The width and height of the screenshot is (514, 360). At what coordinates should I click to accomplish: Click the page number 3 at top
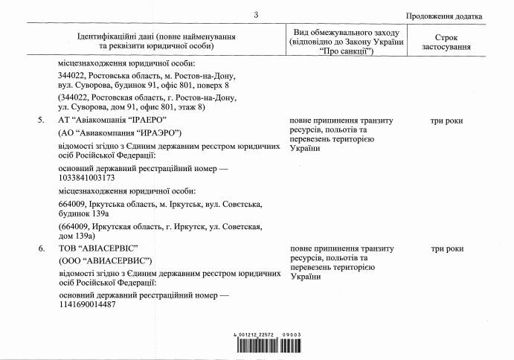tap(255, 15)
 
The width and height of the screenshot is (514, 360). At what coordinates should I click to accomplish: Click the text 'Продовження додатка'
tap(444, 16)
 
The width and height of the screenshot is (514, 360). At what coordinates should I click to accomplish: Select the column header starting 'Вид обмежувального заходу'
tap(347, 42)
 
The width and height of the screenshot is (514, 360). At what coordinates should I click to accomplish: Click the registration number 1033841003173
tap(86, 178)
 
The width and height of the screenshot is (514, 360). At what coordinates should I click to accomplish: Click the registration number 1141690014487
tap(87, 305)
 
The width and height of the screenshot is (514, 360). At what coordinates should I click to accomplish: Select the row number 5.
tap(41, 120)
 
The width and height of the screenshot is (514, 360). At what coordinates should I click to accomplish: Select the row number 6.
tap(41, 248)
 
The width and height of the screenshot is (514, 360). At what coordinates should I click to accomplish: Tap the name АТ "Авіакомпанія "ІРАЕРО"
tap(112, 120)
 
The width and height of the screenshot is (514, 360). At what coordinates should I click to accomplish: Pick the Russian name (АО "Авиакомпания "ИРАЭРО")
tap(120, 132)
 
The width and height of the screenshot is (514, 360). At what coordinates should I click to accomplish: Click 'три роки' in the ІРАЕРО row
tap(446, 120)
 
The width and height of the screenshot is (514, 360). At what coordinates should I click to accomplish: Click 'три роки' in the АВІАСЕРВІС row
tap(446, 248)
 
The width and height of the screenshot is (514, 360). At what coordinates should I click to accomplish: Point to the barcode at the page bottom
tap(268, 346)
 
